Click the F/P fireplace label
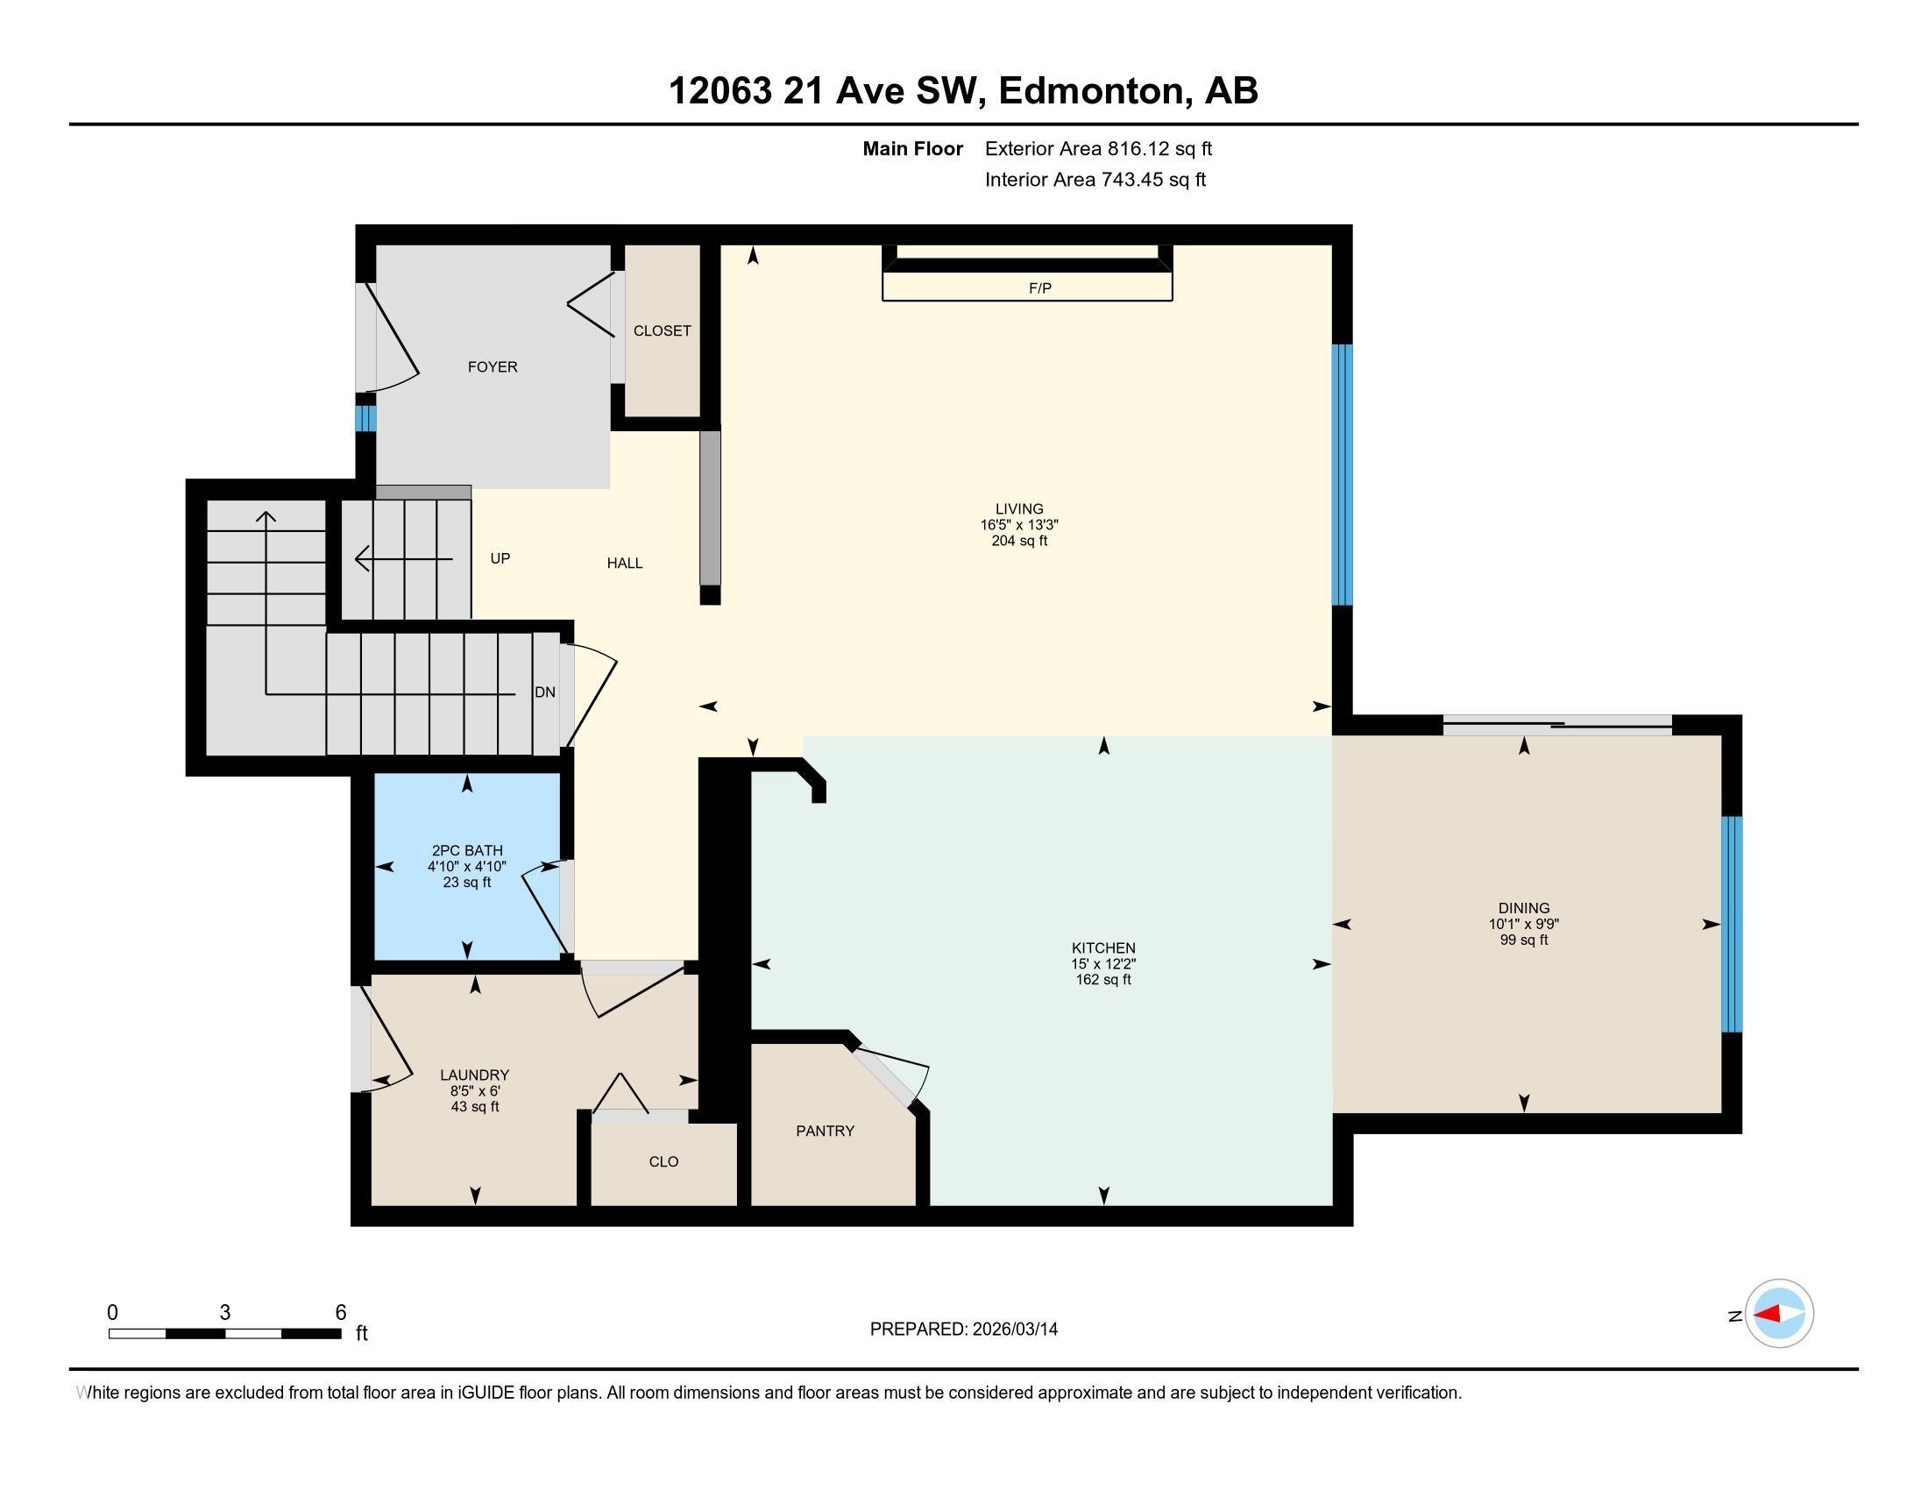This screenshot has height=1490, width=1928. [1039, 288]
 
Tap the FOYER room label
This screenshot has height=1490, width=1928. [493, 367]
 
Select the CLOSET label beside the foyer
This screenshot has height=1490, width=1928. [662, 331]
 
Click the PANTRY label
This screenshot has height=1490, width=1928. [825, 1131]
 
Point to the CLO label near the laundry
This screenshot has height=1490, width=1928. [663, 1161]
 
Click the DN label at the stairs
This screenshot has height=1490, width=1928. [545, 692]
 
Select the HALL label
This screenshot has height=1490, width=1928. [624, 564]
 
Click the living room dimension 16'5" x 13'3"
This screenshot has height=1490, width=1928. [1018, 525]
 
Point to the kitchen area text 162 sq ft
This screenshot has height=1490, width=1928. [1102, 980]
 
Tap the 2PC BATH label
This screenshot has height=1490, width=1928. [467, 851]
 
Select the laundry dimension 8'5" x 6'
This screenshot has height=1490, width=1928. [475, 1091]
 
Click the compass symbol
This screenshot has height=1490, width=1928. [1778, 1314]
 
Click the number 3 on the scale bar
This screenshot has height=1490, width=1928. [225, 1313]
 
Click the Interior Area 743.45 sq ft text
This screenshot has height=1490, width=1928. [1095, 180]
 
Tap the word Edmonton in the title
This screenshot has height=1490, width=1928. [1091, 91]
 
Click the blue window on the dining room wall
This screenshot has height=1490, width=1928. [1732, 924]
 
